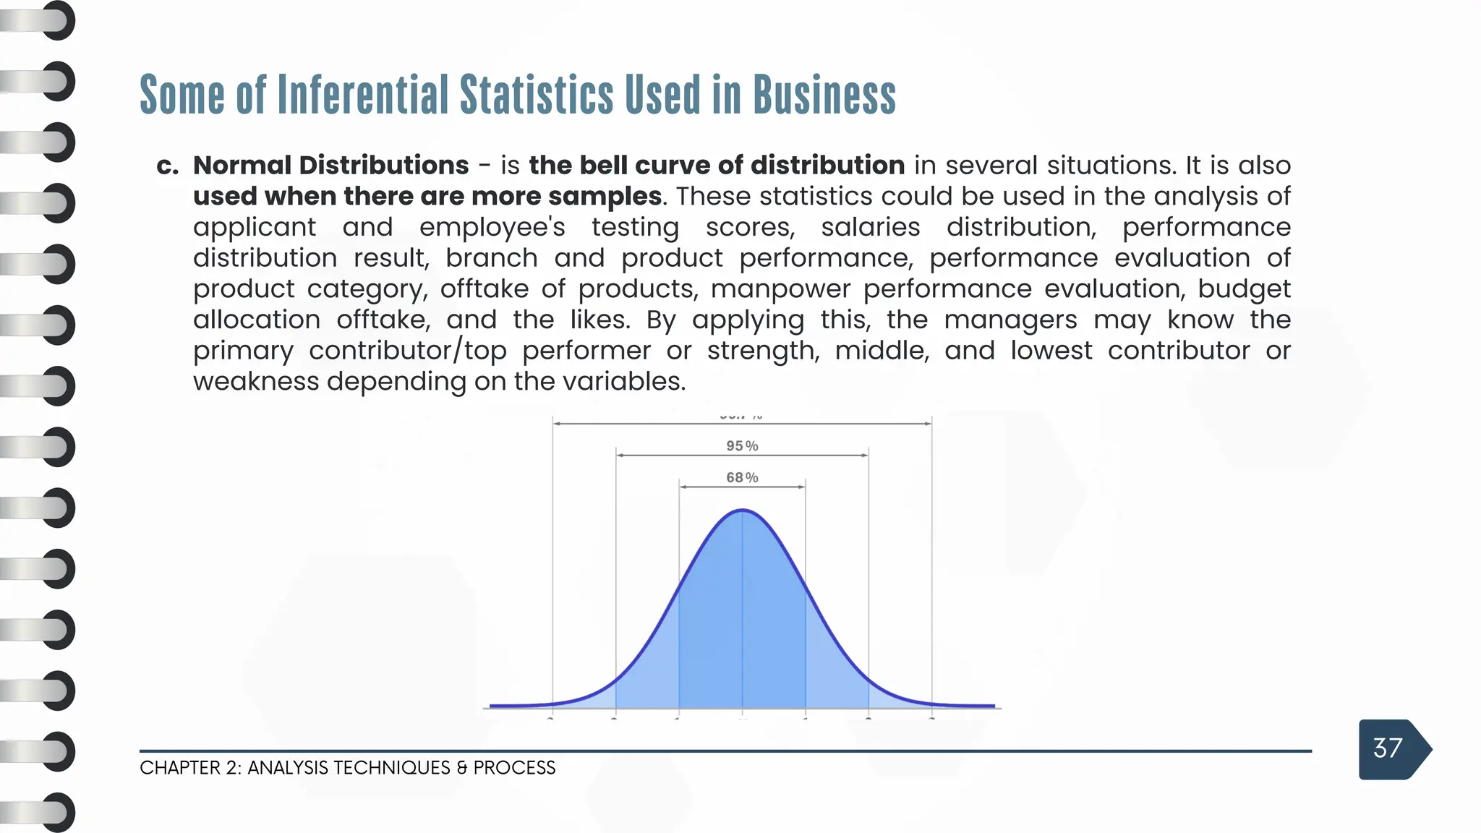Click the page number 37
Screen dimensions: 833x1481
(x=1387, y=748)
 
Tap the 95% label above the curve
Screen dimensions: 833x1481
(x=742, y=446)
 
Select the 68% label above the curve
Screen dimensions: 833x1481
(x=742, y=477)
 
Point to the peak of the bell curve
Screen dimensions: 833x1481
(x=743, y=511)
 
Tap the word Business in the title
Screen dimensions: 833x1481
(x=824, y=95)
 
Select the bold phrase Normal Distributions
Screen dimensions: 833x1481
(x=330, y=166)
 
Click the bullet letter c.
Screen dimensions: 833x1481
(x=167, y=166)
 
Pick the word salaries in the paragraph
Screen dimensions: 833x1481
(x=870, y=227)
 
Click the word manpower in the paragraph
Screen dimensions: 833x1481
(x=780, y=289)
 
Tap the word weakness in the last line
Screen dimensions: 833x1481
(x=256, y=381)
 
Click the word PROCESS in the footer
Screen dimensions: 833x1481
(x=514, y=768)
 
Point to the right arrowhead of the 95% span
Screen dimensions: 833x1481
(x=865, y=456)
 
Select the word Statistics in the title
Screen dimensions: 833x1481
(x=537, y=95)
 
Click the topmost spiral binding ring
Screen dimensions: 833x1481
(x=56, y=20)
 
